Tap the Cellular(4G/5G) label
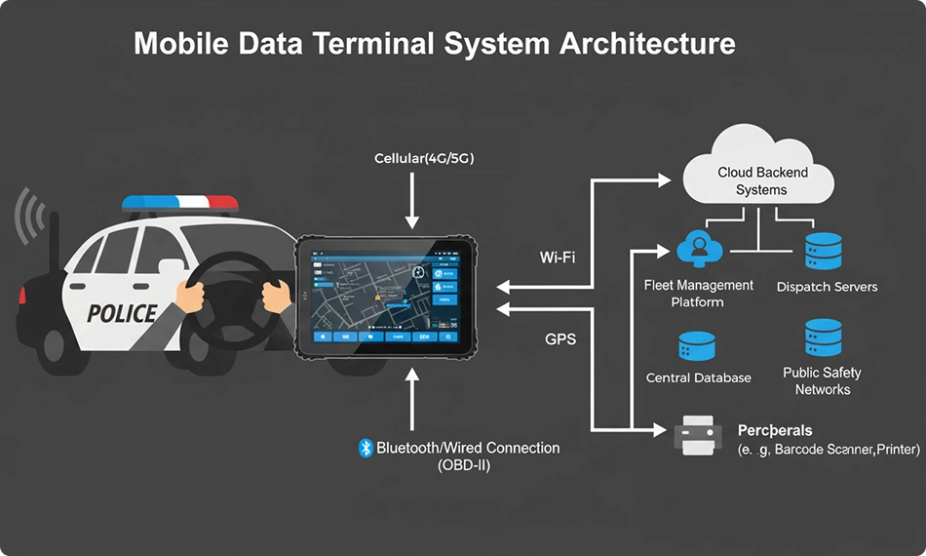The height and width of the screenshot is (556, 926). point(424,158)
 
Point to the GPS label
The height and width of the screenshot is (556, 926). point(559,339)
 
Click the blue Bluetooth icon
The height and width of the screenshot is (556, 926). point(367,448)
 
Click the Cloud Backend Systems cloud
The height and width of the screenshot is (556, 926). point(761,176)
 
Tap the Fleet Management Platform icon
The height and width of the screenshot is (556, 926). point(698,250)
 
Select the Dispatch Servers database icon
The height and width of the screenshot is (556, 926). point(825,252)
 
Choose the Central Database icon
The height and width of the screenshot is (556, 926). point(697,347)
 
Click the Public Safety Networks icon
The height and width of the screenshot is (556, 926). point(823,338)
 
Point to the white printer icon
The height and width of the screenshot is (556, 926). point(698,434)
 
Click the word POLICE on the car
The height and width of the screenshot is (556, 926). point(122,313)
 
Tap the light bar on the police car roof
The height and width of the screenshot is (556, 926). point(179,202)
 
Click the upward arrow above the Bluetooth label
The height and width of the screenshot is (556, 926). point(413,395)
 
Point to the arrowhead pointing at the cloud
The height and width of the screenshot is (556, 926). point(666,180)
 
